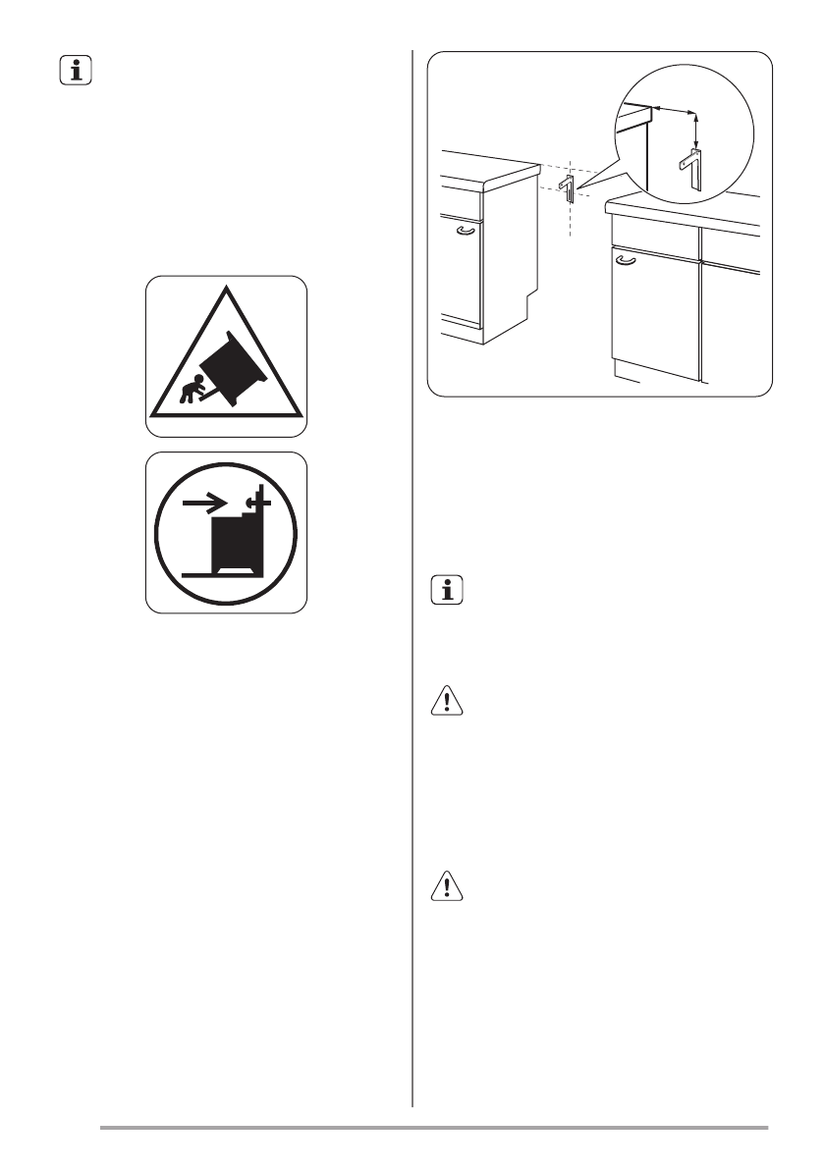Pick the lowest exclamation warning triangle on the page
[x=449, y=888]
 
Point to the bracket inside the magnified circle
[x=690, y=168]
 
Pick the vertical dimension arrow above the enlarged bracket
[x=696, y=129]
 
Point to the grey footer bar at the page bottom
[x=433, y=1129]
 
